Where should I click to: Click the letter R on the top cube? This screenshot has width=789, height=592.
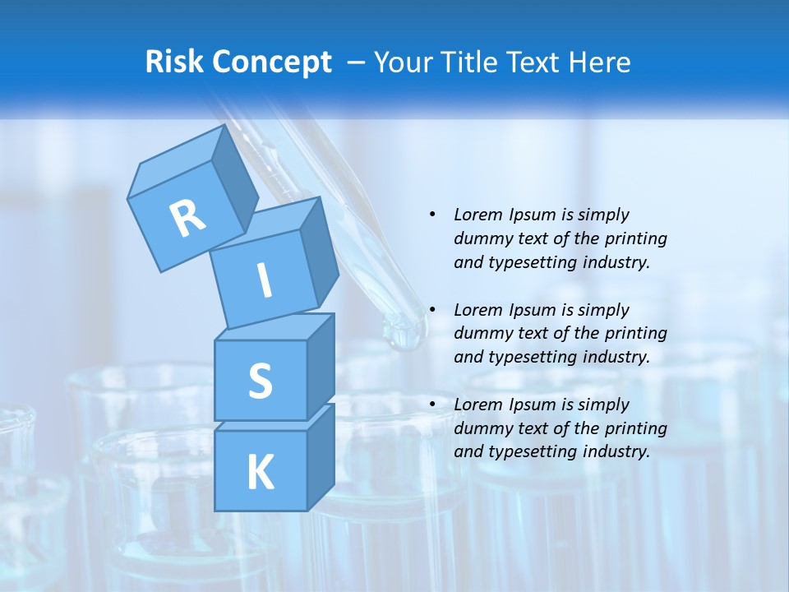(188, 218)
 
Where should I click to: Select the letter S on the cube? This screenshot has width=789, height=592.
(260, 382)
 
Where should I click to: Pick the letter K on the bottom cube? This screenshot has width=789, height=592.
(260, 473)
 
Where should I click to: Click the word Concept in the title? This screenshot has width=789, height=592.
(272, 62)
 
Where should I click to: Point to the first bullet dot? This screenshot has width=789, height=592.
(432, 215)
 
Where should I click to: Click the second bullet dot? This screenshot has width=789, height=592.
(432, 310)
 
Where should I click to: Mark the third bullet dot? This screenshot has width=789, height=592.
(432, 405)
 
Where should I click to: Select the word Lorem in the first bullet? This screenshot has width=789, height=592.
(478, 215)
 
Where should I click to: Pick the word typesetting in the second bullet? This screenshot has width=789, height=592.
(526, 357)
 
